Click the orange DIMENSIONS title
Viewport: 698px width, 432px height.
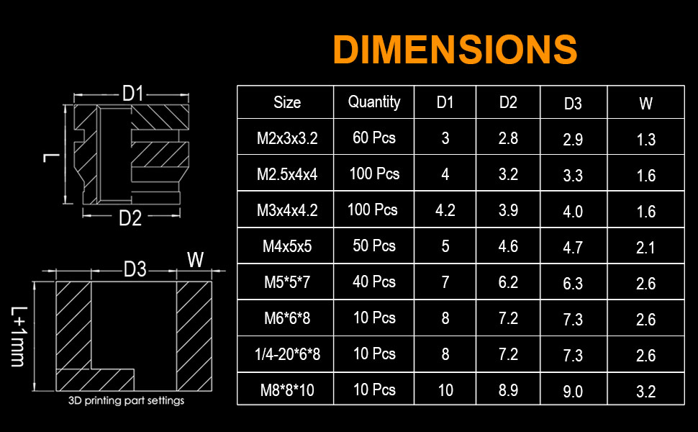click(455, 49)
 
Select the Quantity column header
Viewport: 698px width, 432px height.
click(374, 102)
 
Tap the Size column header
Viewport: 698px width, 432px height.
click(287, 102)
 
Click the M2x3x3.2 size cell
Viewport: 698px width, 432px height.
click(287, 138)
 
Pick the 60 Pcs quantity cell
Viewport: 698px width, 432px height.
click(374, 138)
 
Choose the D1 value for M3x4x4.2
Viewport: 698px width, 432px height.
click(445, 210)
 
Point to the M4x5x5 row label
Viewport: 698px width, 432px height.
click(287, 246)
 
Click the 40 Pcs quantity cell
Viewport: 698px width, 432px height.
click(374, 282)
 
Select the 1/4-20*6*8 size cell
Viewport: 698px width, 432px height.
click(287, 354)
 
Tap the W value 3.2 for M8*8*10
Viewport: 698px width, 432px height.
click(646, 392)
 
